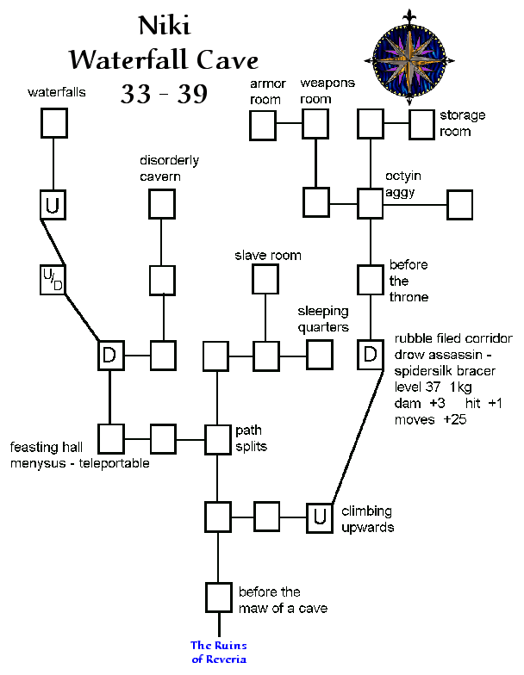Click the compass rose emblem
click(409, 51)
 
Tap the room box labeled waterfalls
click(54, 122)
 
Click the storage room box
click(421, 124)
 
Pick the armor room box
click(263, 126)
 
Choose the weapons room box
click(316, 124)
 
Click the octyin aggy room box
click(370, 203)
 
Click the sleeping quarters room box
click(320, 354)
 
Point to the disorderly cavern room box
click(162, 203)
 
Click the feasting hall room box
click(110, 438)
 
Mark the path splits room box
click(217, 438)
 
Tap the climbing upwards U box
click(320, 516)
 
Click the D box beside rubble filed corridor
click(370, 354)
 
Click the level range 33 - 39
click(164, 94)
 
